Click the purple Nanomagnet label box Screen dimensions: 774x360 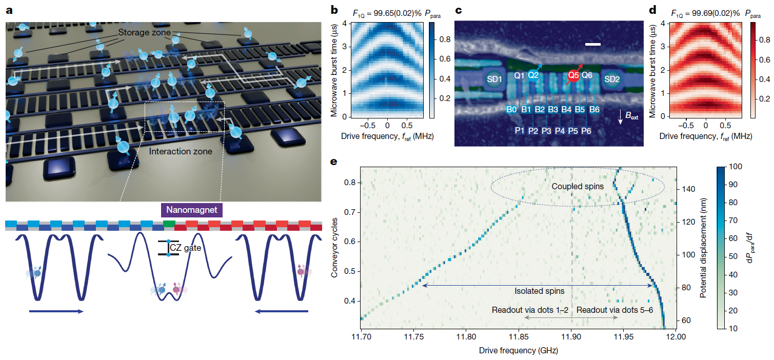tap(192, 210)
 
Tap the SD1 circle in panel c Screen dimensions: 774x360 tap(494, 79)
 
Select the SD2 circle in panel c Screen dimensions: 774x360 tap(612, 79)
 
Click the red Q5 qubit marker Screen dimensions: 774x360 tap(573, 75)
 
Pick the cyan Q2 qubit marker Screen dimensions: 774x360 tap(533, 75)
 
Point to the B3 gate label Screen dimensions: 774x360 tap(553, 110)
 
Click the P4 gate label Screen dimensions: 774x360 tap(560, 131)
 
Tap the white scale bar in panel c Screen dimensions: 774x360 tap(593, 44)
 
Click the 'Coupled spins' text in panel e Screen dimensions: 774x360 tap(578, 187)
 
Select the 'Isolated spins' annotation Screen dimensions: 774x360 tap(540, 291)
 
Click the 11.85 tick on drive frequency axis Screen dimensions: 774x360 tap(519, 337)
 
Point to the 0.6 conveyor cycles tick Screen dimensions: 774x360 tap(350, 242)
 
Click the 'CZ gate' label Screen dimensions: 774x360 tap(186, 248)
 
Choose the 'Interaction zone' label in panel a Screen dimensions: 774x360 tap(181, 151)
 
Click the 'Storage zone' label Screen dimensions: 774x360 tap(145, 32)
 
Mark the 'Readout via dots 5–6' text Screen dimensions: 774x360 tap(614, 310)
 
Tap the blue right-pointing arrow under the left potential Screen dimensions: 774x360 tap(56, 311)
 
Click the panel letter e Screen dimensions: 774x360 tap(334, 162)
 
